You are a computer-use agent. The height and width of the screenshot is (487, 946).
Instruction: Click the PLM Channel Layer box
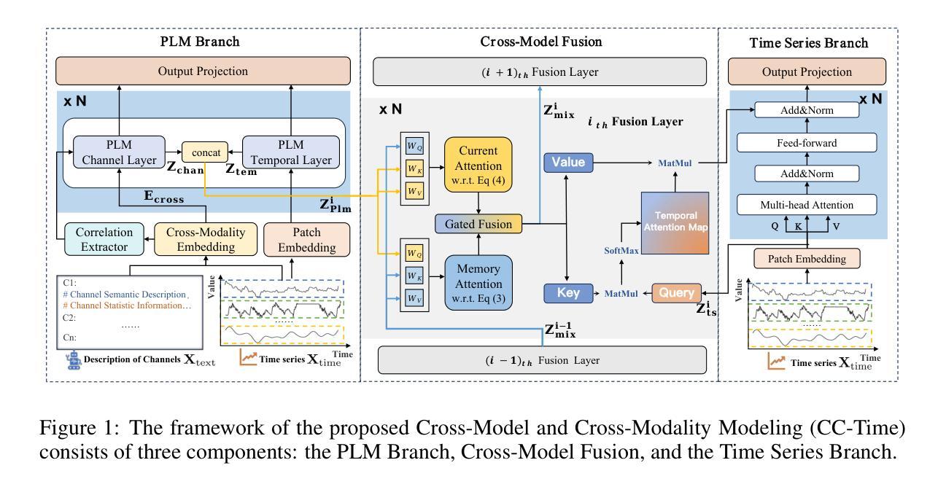(119, 152)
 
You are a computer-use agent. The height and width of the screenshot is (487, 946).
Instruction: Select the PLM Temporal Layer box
(290, 152)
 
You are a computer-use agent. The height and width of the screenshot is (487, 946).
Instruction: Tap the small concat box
(205, 151)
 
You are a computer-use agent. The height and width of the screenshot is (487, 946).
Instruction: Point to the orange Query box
(676, 293)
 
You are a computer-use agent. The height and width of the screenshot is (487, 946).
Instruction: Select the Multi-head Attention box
(807, 206)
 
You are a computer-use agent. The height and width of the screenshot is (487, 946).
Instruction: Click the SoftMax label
(621, 250)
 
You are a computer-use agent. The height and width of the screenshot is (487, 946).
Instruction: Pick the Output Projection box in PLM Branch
(203, 71)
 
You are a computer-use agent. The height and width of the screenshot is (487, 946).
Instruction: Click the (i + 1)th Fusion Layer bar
(540, 71)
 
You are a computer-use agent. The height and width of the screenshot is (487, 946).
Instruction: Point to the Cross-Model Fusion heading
(540, 42)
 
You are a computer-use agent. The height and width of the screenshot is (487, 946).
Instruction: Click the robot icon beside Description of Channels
(73, 361)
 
